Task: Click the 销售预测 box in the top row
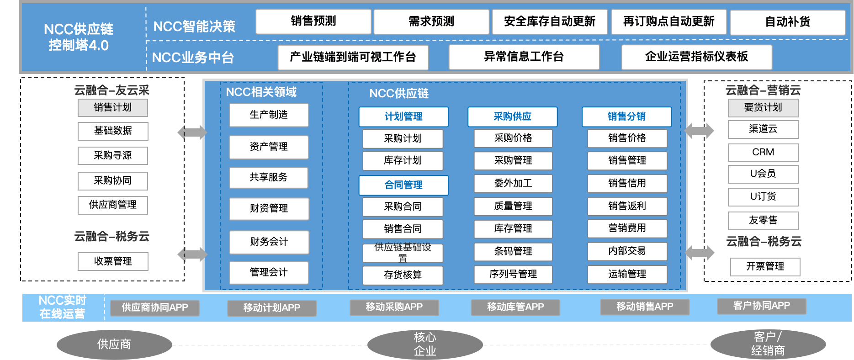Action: coord(313,21)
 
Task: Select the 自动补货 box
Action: coord(787,22)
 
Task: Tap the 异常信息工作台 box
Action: coord(524,57)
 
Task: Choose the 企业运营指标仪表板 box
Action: coord(696,57)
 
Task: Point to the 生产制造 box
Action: coord(269,115)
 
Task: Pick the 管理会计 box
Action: coord(269,273)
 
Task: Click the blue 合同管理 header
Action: coord(403,185)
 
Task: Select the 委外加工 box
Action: coord(513,184)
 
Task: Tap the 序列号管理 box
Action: coord(513,275)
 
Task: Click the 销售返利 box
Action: coord(627,206)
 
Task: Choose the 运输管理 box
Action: coord(627,275)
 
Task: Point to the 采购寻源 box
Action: coord(113,156)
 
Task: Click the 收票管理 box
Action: coord(113,261)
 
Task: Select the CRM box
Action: coord(763,153)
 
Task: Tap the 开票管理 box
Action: coord(765,267)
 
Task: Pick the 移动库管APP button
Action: coord(515,307)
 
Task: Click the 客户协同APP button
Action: coord(761,306)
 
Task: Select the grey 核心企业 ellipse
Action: coord(425,344)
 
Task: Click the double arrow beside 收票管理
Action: coord(192,254)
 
